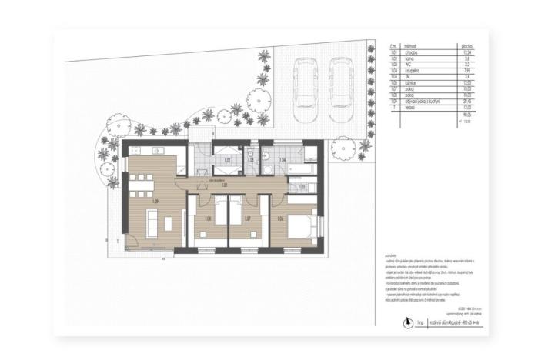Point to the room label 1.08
pos(208,219)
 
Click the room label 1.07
pos(247,219)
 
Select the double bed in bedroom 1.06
pos(305,226)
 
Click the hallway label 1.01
pos(225,185)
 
